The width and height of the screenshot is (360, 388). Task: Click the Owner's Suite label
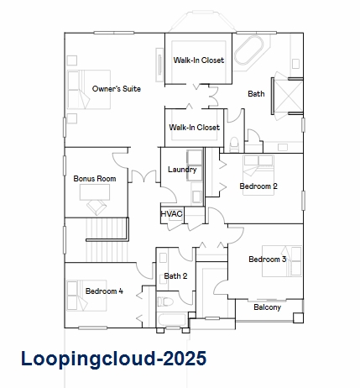click(117, 89)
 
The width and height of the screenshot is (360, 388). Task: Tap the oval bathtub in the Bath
click(248, 50)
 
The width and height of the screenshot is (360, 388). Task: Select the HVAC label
click(171, 214)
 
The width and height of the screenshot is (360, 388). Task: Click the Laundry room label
click(182, 170)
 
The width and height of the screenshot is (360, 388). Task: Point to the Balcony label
click(267, 307)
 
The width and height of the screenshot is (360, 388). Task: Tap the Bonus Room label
click(95, 179)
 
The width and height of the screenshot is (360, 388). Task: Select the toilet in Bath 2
click(165, 301)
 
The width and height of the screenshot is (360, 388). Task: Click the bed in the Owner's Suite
click(89, 90)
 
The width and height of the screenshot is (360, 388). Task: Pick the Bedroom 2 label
click(258, 186)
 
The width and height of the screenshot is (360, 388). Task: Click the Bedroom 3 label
click(268, 260)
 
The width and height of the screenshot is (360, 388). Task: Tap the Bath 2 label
click(175, 276)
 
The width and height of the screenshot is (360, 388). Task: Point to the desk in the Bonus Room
click(95, 192)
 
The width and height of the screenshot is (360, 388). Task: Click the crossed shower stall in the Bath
click(289, 96)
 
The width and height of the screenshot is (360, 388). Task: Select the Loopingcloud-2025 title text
click(114, 359)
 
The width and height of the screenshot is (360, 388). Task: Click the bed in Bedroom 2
click(258, 175)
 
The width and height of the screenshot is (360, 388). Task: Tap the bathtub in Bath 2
click(172, 320)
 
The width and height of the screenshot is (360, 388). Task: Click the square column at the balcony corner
click(298, 317)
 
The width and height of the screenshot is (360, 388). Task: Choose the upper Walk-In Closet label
click(199, 60)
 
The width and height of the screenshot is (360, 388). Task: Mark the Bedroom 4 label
click(104, 291)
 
